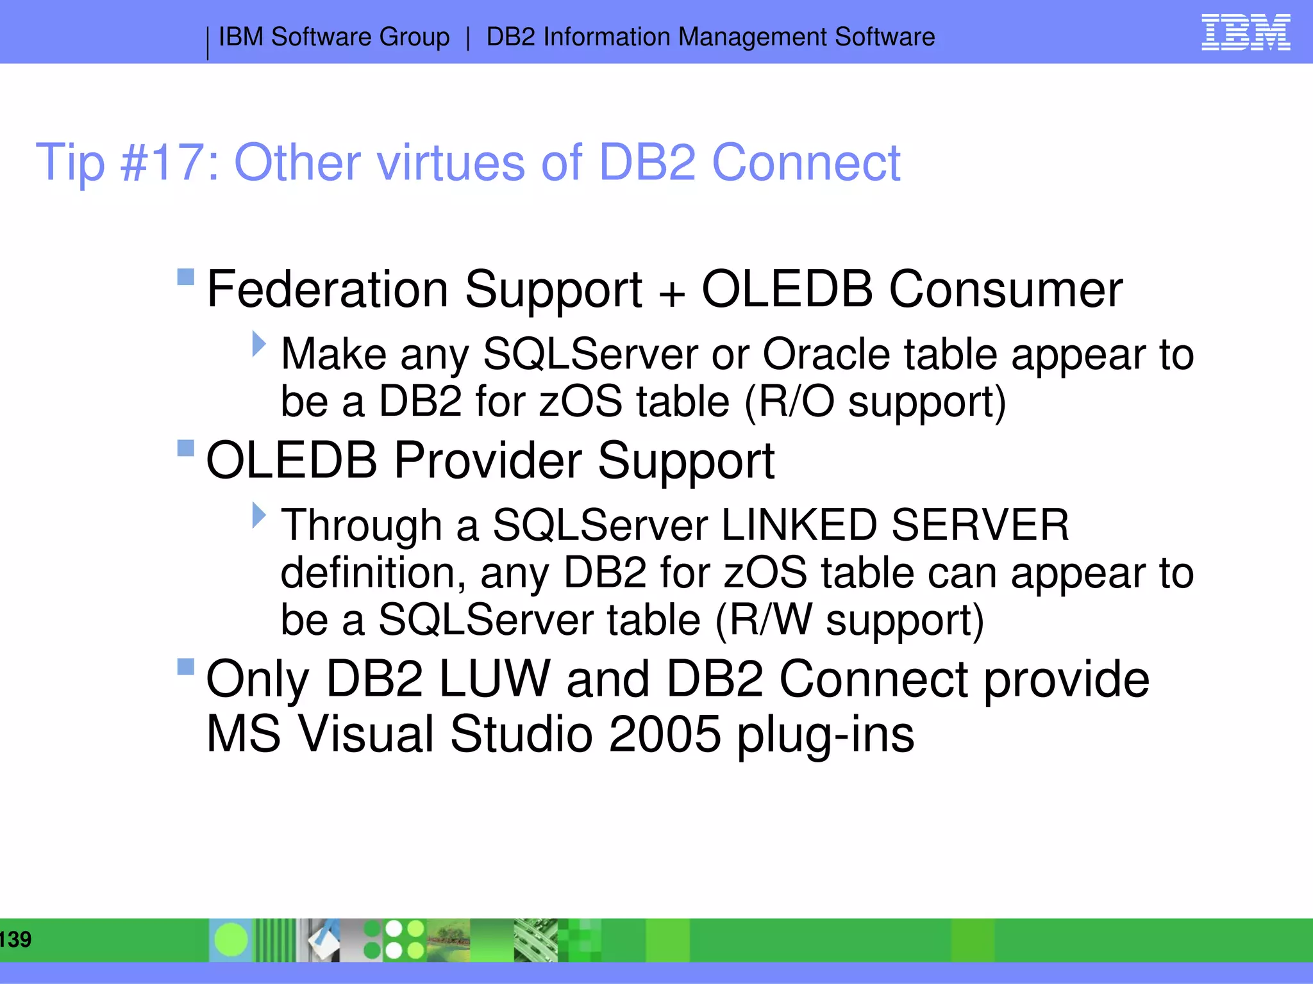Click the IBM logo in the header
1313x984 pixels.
[1245, 33]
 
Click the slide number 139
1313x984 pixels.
[15, 940]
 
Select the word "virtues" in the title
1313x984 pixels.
[451, 163]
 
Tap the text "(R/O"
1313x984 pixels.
[789, 402]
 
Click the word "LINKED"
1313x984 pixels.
[798, 525]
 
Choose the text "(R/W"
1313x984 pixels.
[762, 620]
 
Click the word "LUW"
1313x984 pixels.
[494, 679]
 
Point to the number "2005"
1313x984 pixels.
[664, 734]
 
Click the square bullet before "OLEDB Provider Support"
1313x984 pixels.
[185, 448]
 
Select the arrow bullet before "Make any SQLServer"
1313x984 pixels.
[258, 344]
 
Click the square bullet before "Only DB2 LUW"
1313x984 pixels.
[185, 667]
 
